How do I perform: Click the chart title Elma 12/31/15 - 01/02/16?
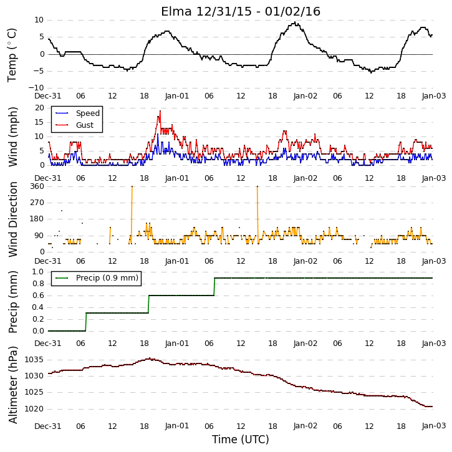241,11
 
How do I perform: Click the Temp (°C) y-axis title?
12,55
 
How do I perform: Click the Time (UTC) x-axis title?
241,440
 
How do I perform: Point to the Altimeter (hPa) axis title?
12,385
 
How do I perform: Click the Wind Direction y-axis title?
12,219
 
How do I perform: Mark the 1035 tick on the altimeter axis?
34,360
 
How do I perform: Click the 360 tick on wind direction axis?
37,186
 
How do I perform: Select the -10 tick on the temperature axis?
36,88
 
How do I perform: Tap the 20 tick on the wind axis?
39,108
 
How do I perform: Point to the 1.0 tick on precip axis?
38,272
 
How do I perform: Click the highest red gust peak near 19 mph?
160,111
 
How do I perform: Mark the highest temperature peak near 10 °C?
295,22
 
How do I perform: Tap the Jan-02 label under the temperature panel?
305,96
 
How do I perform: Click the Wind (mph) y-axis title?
12,137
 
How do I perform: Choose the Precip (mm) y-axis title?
12,302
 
